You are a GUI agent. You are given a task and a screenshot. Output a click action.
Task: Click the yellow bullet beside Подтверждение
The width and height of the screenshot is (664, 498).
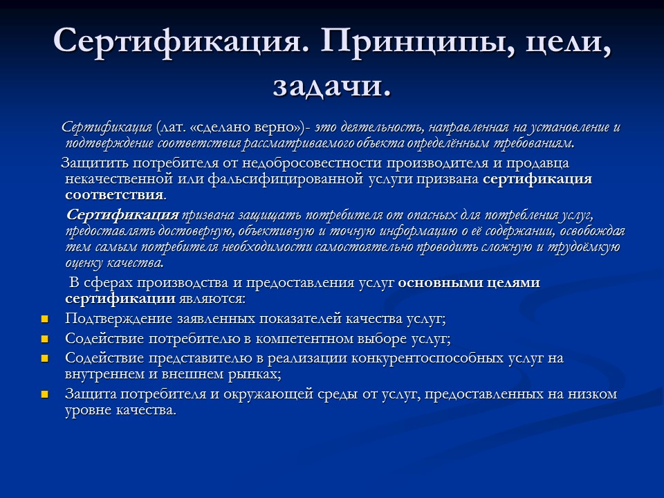coord(46,320)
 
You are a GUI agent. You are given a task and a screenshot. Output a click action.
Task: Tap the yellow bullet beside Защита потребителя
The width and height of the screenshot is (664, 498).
coord(46,395)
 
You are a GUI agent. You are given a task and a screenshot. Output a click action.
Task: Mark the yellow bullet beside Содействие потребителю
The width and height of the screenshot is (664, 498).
coord(46,339)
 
